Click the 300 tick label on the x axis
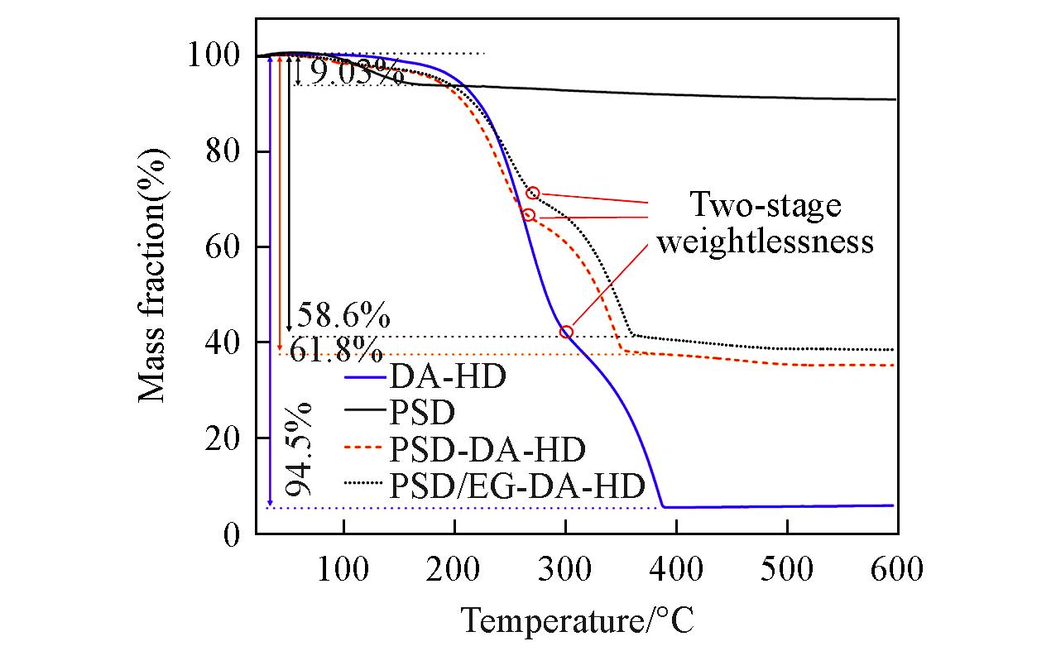click(565, 570)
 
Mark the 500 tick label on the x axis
click(787, 570)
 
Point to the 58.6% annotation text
click(343, 316)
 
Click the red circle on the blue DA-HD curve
click(566, 332)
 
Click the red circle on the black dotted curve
click(533, 193)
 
